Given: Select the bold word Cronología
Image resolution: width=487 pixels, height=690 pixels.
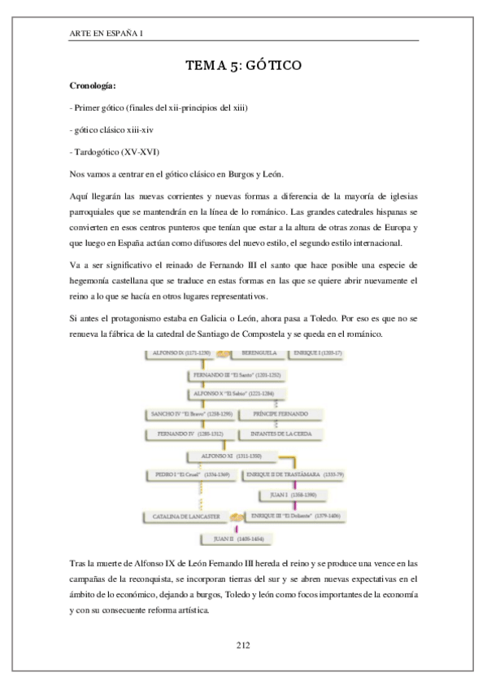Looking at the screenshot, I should [94, 85].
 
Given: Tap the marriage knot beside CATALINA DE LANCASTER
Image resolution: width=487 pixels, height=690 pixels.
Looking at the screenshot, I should [237, 517].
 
